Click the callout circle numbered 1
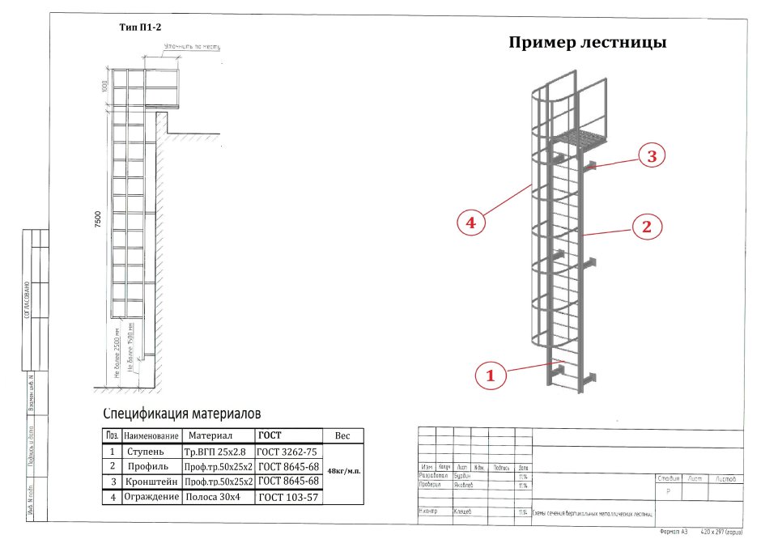click(490, 375)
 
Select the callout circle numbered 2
click(646, 227)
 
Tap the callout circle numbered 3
click(651, 157)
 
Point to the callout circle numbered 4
click(470, 221)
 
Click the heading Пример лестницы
click(587, 43)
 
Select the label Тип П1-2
click(140, 27)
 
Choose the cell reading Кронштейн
click(151, 482)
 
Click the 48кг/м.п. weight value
click(344, 470)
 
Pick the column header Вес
click(343, 436)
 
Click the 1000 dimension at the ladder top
click(104, 87)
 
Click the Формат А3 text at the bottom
click(674, 532)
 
